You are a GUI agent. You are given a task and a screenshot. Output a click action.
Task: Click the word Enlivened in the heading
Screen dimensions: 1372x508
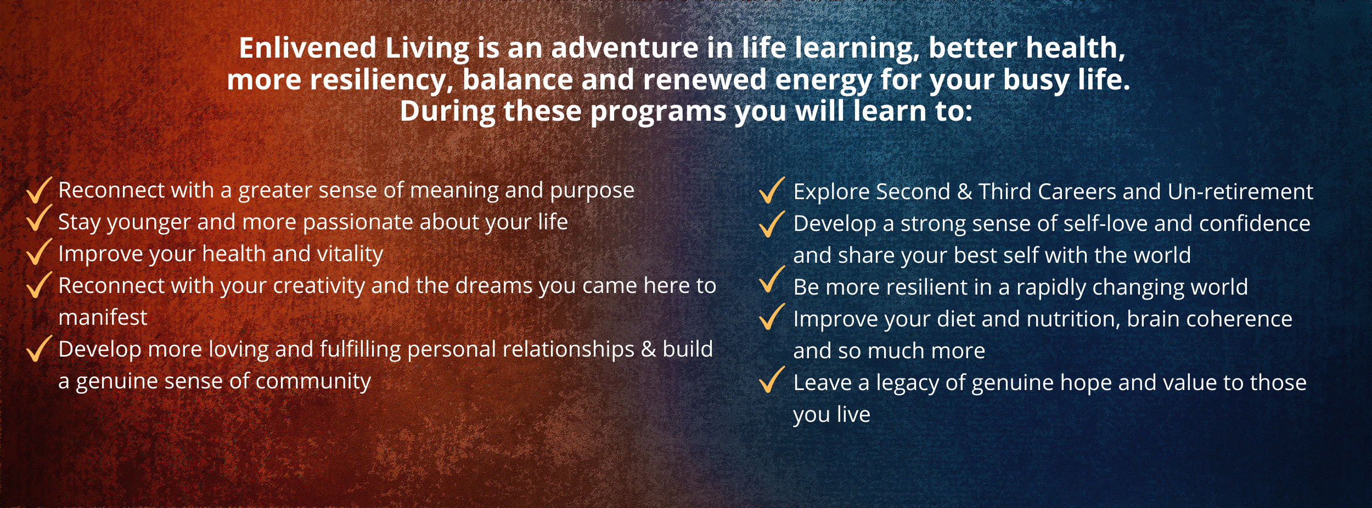click(307, 48)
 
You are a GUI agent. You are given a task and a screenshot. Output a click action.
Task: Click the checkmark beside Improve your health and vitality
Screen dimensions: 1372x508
click(39, 251)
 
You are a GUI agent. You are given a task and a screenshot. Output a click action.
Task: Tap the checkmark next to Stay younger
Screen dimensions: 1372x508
click(39, 218)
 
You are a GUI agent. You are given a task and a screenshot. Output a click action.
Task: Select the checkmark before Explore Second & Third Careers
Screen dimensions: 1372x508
click(772, 190)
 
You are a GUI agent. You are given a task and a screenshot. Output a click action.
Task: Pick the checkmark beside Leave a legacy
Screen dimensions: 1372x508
click(772, 380)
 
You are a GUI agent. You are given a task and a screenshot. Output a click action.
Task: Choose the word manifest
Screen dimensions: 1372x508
click(103, 318)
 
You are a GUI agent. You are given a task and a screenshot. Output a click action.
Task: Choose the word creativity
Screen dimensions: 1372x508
click(319, 286)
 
